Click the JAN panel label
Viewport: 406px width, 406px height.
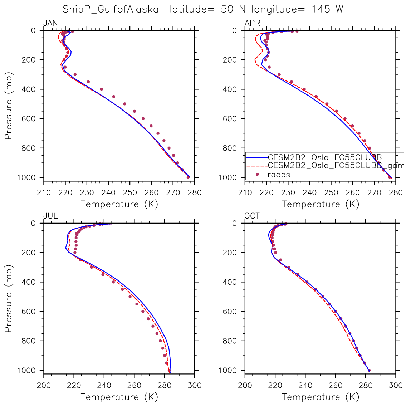50,23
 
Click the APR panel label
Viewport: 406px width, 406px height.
252,23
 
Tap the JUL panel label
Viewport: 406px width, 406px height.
50,216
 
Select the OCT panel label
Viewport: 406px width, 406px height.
252,216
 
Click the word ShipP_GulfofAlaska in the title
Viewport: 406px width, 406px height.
111,9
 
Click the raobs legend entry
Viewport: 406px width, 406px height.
279,175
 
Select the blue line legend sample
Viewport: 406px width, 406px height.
256,157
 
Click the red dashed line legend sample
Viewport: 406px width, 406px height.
256,166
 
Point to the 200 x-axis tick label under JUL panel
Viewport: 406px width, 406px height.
44,386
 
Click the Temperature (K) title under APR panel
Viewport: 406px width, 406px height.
321,204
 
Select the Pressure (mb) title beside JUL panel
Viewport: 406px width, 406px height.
9,298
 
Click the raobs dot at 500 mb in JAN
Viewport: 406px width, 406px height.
125,104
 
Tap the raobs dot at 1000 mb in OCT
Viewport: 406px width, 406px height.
369,370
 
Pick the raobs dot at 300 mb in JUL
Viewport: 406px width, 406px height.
91,267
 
